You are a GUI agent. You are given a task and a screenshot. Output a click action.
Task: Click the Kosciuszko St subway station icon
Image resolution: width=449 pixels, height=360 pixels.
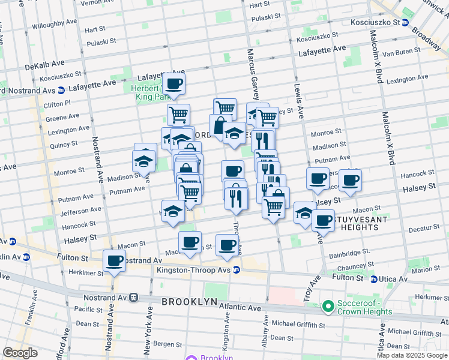click(x=405, y=22)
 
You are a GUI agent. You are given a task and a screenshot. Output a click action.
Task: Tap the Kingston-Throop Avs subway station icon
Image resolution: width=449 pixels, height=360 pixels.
click(x=237, y=269)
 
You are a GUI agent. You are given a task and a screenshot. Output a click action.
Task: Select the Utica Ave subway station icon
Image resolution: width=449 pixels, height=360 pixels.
click(x=373, y=279)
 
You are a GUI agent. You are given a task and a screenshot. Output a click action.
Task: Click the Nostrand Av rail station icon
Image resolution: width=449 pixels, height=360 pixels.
click(x=135, y=296)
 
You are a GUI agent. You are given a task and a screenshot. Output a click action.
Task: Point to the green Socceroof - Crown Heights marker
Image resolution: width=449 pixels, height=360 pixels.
click(x=328, y=307)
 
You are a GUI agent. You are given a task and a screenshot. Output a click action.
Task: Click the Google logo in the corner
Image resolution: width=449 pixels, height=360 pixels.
click(x=20, y=353)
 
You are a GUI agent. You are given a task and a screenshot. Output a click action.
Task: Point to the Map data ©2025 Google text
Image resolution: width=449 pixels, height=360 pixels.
click(x=411, y=355)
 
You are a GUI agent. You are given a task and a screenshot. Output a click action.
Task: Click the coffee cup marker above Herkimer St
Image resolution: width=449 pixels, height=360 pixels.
click(x=113, y=261)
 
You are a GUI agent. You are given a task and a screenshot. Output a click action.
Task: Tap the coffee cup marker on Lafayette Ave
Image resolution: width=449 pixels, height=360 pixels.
click(x=174, y=83)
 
